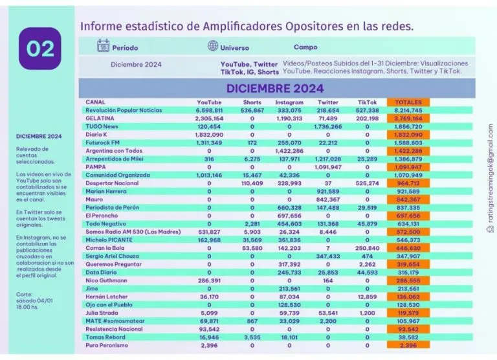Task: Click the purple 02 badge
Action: [x=40, y=48]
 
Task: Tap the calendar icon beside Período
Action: [x=103, y=46]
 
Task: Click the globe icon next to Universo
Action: [x=213, y=46]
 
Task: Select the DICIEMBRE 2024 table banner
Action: [x=276, y=88]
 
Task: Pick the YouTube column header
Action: [x=209, y=102]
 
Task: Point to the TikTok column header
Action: [x=367, y=102]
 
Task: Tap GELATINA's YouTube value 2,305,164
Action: [x=209, y=119]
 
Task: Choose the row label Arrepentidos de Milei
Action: [x=116, y=159]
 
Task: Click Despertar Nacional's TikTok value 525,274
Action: [x=367, y=183]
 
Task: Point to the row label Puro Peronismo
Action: [x=107, y=345]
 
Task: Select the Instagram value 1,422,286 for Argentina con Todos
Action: [x=289, y=151]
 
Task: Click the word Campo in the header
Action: [x=305, y=47]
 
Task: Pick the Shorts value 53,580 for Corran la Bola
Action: [x=252, y=248]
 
